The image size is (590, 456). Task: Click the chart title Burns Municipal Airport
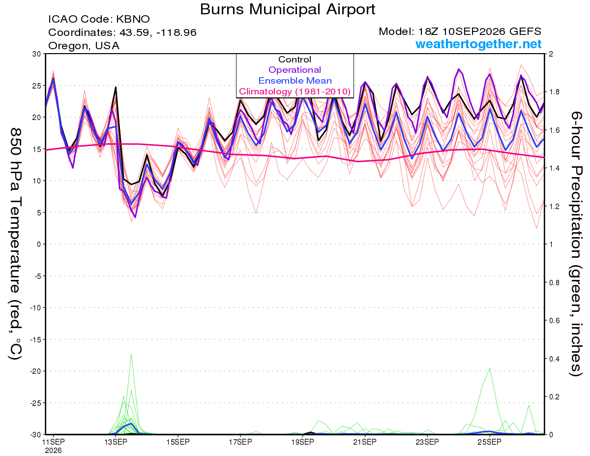coord(287,9)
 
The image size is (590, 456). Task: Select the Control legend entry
coord(295,60)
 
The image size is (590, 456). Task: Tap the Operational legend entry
coord(295,70)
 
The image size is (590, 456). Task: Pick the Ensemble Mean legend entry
coord(295,81)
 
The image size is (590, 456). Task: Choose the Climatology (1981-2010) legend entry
coord(295,91)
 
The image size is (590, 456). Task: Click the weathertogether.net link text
coord(478,44)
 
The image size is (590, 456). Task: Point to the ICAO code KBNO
coord(133,19)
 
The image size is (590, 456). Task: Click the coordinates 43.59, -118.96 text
coord(158,32)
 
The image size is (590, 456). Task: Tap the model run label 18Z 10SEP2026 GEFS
coord(480,31)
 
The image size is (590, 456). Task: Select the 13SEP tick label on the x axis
coord(116,442)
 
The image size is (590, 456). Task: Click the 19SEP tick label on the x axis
coord(303,442)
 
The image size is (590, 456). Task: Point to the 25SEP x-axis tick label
coord(490,442)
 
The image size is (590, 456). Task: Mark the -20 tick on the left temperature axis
coord(35,371)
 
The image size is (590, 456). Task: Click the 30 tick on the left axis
coord(37,54)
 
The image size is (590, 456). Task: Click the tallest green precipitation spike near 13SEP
coord(131,355)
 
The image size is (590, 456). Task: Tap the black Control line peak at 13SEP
coord(116,87)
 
